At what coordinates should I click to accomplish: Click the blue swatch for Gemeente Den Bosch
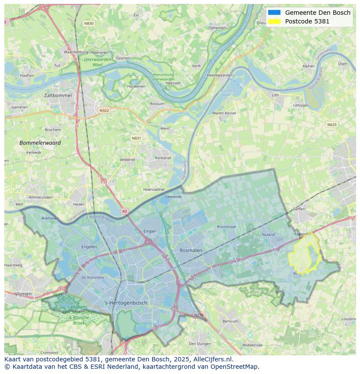(274, 13)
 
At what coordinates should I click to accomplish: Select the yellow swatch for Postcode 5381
(274, 21)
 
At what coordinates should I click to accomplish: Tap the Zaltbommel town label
(58, 95)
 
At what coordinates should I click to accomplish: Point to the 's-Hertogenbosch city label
(126, 303)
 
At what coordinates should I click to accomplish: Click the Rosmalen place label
(191, 250)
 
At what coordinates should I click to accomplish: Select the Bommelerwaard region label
(40, 142)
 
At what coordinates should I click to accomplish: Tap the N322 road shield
(104, 110)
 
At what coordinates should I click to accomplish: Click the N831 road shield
(137, 138)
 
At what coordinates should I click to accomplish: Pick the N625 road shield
(332, 125)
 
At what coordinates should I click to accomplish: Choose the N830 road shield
(89, 23)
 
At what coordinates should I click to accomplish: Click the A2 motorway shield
(125, 211)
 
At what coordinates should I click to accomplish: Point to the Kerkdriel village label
(163, 158)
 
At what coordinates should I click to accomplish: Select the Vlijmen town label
(23, 294)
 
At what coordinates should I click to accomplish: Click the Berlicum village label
(230, 321)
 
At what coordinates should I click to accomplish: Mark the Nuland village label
(268, 235)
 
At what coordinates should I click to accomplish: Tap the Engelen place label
(89, 247)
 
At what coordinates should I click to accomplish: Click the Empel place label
(149, 231)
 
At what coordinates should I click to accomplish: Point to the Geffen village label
(299, 209)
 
